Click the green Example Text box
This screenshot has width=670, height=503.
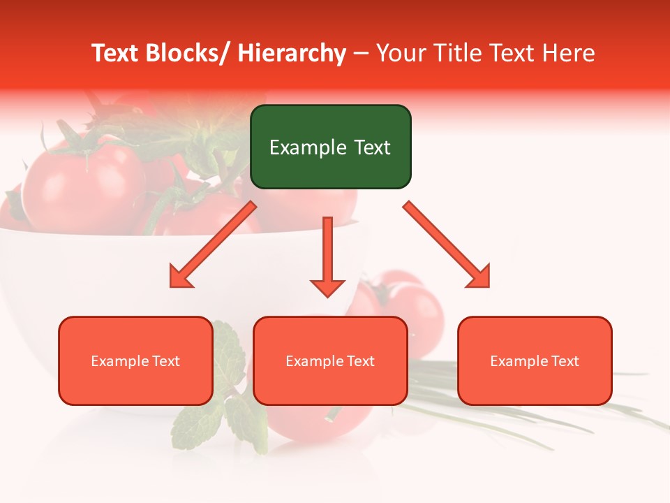point(330,147)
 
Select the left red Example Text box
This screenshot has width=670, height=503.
point(135,360)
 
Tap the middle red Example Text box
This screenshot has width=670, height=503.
point(330,360)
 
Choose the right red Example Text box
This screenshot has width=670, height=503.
point(535,360)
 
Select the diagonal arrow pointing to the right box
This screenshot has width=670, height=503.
point(447,245)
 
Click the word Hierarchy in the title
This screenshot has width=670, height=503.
point(292,54)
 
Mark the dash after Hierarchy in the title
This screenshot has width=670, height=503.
point(362,54)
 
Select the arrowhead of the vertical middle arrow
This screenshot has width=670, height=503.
point(327,287)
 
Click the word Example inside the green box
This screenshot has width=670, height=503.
point(301,147)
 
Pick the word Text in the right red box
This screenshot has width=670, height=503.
point(566,360)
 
